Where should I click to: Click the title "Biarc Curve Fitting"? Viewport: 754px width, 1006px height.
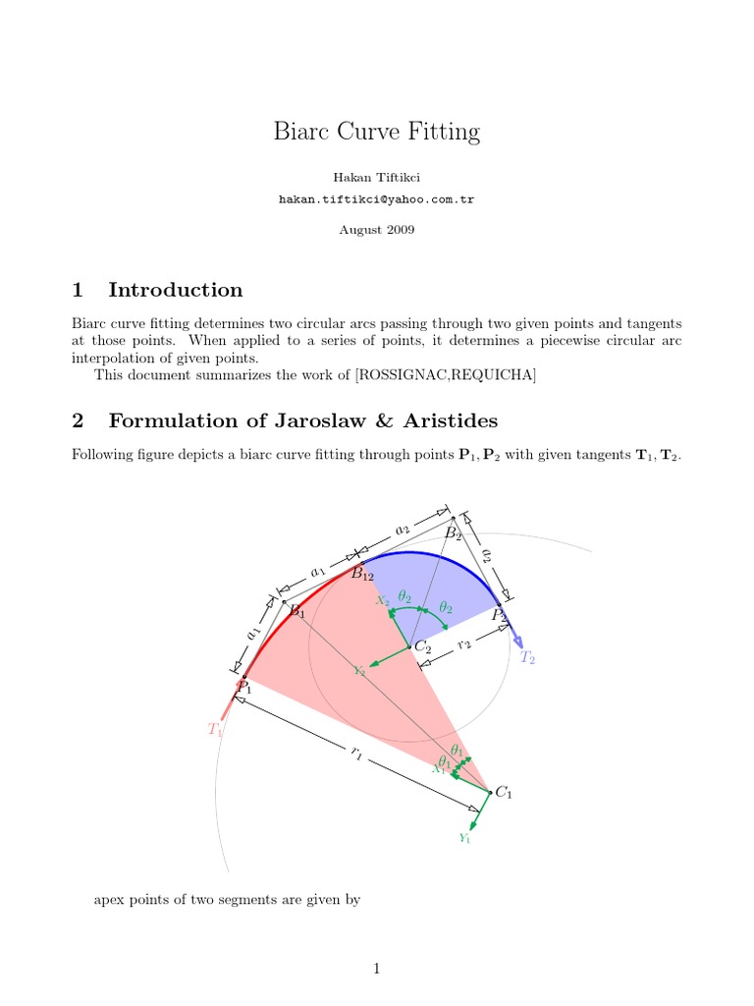pyautogui.click(x=376, y=132)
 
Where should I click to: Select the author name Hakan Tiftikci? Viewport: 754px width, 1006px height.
pyautogui.click(x=376, y=177)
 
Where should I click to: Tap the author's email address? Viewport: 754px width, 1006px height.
pyautogui.click(x=376, y=198)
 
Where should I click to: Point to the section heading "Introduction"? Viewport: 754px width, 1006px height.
pyautogui.click(x=176, y=290)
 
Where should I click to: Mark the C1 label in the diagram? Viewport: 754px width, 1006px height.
pyautogui.click(x=504, y=793)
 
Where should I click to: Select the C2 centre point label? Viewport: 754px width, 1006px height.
pyautogui.click(x=423, y=646)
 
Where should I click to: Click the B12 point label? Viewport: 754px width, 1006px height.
pyautogui.click(x=363, y=574)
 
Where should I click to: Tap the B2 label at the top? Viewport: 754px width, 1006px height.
pyautogui.click(x=453, y=533)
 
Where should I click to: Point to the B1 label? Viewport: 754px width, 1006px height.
pyautogui.click(x=296, y=612)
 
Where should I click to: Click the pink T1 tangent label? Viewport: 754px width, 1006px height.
pyautogui.click(x=215, y=730)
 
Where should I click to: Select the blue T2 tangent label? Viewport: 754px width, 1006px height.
pyautogui.click(x=527, y=657)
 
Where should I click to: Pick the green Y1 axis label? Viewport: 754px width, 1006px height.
pyautogui.click(x=464, y=838)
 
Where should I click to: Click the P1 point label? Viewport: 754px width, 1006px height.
pyautogui.click(x=243, y=688)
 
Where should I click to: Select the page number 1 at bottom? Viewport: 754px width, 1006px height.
pyautogui.click(x=376, y=969)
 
